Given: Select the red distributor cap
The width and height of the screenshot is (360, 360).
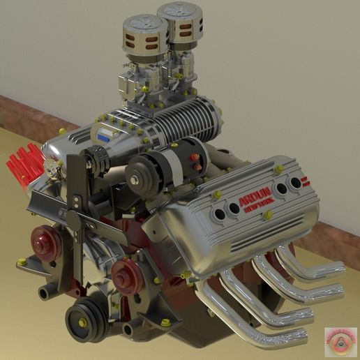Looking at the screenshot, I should pyautogui.click(x=27, y=166).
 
